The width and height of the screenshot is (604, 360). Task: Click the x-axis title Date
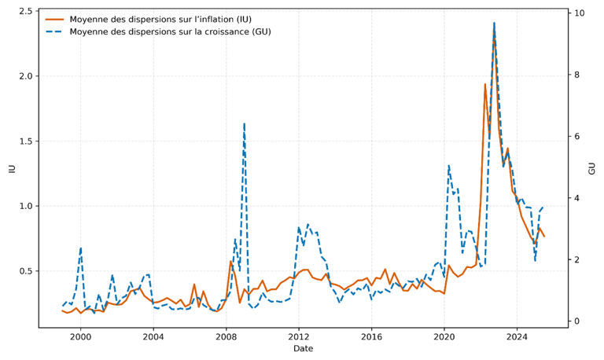303,348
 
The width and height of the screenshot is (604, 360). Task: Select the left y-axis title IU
11,168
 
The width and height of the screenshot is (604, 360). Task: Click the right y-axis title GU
591,168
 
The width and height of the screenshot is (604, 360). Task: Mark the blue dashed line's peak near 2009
245,123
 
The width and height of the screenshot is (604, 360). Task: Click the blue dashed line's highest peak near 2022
494,23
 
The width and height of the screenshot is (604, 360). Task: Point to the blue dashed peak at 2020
448,166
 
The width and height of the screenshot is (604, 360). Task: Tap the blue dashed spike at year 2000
80,248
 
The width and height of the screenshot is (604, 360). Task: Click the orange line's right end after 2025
543,237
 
